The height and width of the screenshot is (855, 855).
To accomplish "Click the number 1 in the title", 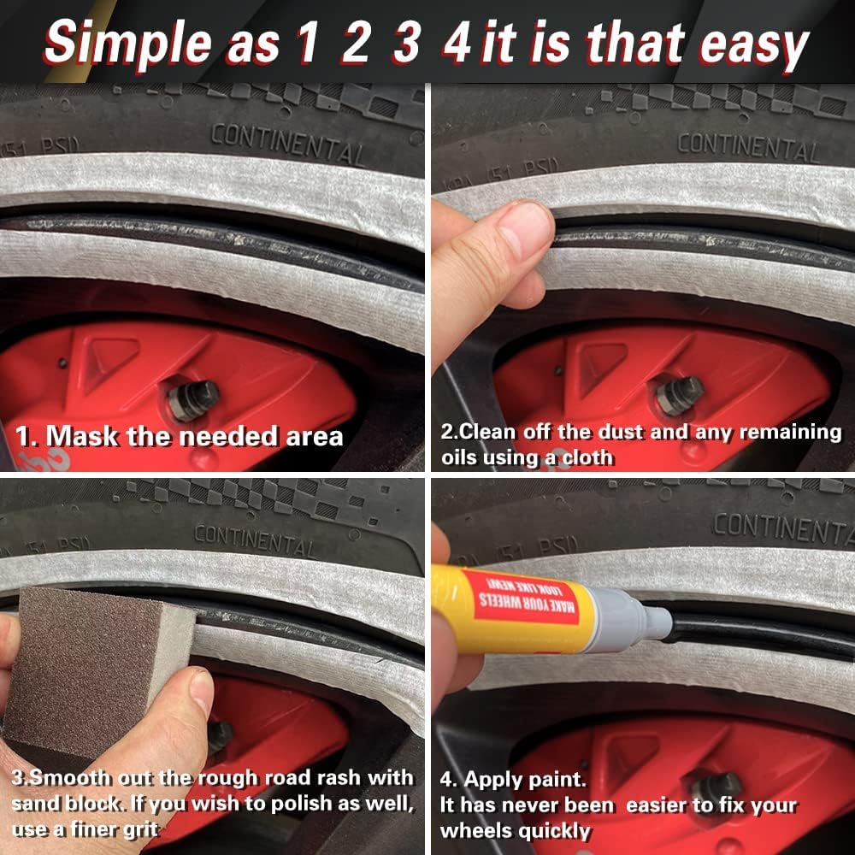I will tap(306, 43).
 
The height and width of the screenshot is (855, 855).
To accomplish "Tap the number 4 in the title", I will tap(457, 43).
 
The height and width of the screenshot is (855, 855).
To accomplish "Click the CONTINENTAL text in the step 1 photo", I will tap(288, 144).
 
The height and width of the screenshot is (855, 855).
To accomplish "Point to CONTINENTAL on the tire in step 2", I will tap(747, 147).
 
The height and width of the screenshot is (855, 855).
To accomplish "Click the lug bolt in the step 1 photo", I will tap(192, 401).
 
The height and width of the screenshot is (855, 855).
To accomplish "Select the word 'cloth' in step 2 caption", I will tap(587, 457).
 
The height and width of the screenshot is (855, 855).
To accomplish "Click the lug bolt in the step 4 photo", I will tap(714, 787).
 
